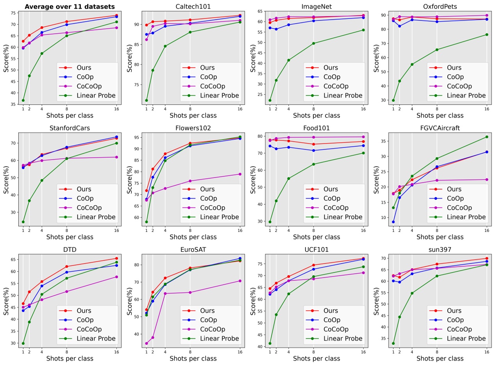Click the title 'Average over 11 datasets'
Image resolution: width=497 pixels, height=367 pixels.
tap(70, 6)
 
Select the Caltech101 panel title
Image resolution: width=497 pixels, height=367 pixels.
tap(193, 6)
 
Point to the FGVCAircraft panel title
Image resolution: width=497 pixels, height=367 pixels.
tap(440, 128)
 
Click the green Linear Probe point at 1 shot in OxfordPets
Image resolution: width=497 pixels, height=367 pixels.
tap(393, 100)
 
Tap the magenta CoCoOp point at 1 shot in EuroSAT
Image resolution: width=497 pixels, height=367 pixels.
tap(147, 344)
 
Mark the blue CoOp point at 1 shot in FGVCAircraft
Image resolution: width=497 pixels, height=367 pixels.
tap(393, 222)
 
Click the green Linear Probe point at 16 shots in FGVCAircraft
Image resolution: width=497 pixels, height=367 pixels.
tap(486, 137)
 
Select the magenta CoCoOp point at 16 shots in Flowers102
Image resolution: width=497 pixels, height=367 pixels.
tap(240, 174)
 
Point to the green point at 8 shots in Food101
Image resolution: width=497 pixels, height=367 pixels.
tap(313, 164)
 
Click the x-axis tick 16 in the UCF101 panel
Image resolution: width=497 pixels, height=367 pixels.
tap(363, 351)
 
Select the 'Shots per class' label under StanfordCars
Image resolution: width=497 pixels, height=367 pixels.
tap(70, 237)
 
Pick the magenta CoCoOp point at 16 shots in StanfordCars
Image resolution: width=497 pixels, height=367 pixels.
tap(116, 157)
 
